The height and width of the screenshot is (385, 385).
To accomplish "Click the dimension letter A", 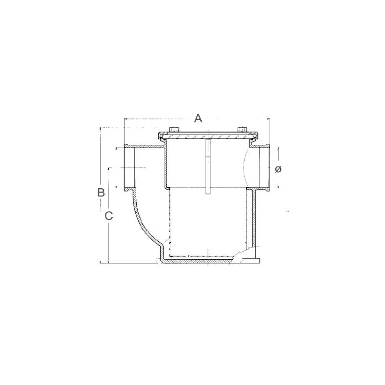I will tap(198, 118).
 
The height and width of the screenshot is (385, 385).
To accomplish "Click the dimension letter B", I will tap(101, 192).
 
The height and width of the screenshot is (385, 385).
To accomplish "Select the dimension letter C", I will tap(109, 216).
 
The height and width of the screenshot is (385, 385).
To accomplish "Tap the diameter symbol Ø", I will tap(278, 169).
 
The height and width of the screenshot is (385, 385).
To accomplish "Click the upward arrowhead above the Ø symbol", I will tap(278, 150).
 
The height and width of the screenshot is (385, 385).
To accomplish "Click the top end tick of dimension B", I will tap(100, 128).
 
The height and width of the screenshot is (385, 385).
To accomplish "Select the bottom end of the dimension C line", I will tap(109, 262).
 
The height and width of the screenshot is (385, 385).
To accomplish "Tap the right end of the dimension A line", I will tap(269, 118).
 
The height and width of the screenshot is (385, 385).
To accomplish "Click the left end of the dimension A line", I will tap(124, 118).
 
